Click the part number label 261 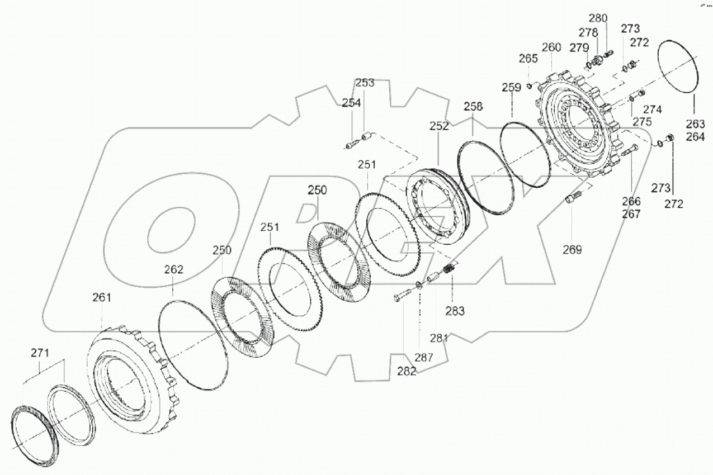(101, 298)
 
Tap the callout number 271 (40, 353)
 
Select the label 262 (173, 269)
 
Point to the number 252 (439, 126)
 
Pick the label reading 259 (512, 88)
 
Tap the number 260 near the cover (551, 47)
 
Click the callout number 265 (528, 58)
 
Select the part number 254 (352, 102)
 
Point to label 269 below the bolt (572, 250)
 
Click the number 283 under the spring (455, 311)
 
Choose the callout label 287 (423, 357)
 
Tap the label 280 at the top (598, 17)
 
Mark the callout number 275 (642, 121)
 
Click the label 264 (696, 136)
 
